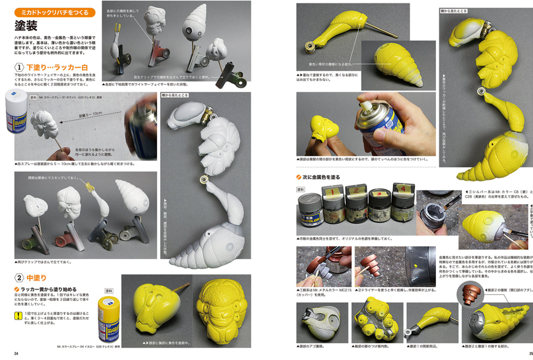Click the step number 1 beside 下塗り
click(x=19, y=68)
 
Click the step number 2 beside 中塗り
click(x=19, y=278)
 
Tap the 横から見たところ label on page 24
click(x=176, y=95)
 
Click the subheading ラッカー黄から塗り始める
click(x=48, y=289)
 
